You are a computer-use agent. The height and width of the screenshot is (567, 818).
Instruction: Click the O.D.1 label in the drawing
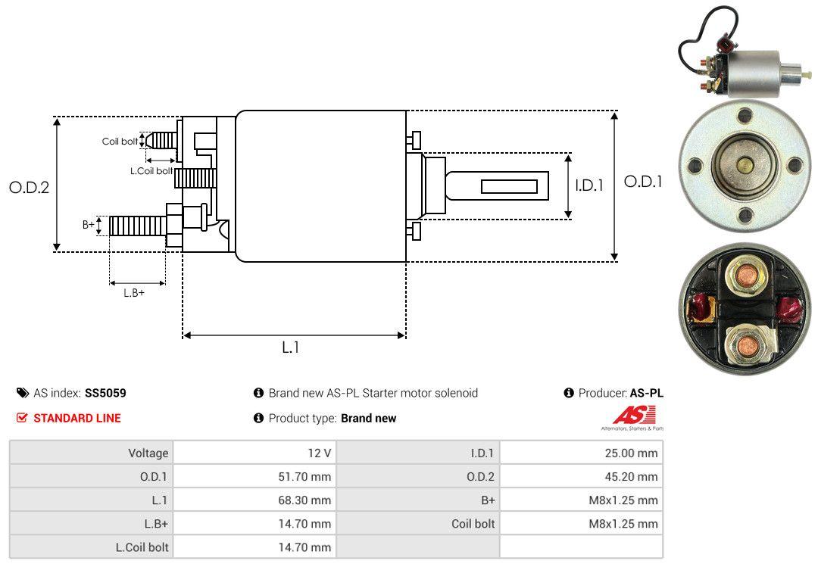[642, 182]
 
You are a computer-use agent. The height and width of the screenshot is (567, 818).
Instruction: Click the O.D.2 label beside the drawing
[29, 187]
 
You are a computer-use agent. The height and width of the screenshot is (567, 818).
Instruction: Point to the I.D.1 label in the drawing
[589, 185]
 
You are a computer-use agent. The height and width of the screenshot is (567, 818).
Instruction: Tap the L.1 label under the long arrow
[292, 347]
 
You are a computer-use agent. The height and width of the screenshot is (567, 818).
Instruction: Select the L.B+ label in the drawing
[134, 293]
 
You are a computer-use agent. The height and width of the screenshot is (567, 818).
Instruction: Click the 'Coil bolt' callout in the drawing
[120, 142]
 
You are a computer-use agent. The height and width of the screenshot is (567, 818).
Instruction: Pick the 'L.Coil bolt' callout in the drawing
[151, 171]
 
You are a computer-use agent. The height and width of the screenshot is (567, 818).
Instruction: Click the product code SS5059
[105, 393]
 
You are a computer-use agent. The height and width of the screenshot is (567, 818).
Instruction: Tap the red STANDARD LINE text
[76, 418]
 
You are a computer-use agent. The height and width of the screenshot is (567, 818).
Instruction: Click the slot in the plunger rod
[509, 186]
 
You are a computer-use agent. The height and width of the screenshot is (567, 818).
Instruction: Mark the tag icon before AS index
[23, 393]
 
